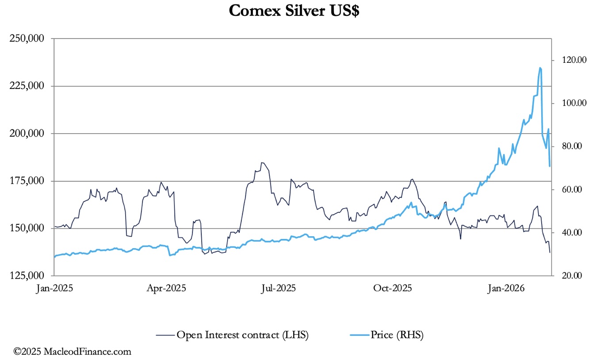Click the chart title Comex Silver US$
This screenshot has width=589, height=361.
pos(294,10)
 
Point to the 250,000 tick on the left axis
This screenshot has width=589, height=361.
pos(27,38)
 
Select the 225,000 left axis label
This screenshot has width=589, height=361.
pos(27,86)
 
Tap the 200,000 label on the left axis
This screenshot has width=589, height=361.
pos(27,133)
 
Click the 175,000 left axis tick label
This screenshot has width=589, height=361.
pos(27,181)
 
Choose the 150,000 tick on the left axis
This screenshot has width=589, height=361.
pos(27,228)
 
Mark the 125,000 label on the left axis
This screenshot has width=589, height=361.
pos(27,276)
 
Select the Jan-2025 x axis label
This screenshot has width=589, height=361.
pos(54,288)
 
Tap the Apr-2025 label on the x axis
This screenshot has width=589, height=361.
pos(167,288)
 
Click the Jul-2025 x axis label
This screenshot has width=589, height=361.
pos(279,288)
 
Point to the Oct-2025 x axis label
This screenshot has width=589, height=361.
pos(393,288)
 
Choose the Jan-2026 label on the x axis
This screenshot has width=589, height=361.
pos(506,288)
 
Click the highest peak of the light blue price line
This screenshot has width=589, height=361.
pos(540,68)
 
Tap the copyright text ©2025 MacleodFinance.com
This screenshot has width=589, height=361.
pos(73,352)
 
